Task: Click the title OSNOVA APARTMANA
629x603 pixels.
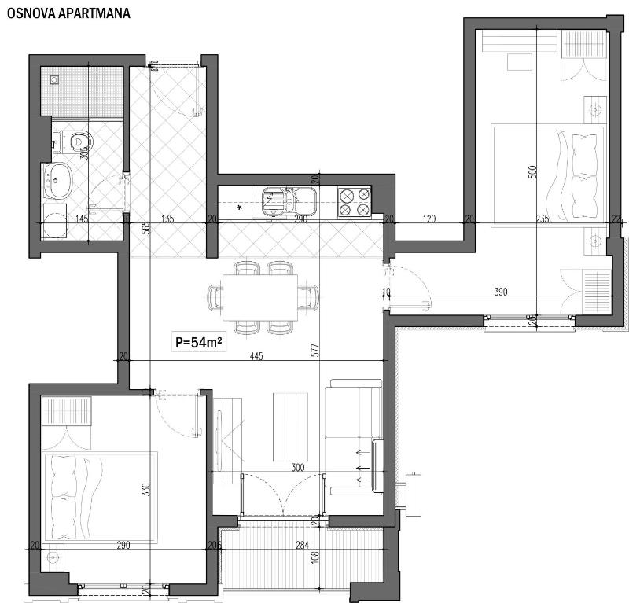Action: [x=68, y=13]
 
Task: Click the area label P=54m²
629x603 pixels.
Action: [x=201, y=342]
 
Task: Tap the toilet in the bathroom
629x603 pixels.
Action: [x=76, y=142]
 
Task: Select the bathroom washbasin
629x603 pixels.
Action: [x=57, y=180]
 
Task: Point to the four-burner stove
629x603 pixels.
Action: [x=354, y=202]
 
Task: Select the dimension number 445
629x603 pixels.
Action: [x=256, y=356]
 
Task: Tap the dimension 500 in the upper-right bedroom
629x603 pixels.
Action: [x=532, y=172]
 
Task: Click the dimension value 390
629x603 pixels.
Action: [x=501, y=292]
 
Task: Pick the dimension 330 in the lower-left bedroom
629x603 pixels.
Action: [x=145, y=490]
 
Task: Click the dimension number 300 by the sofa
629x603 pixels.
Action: [x=298, y=467]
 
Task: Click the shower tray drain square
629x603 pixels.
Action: [x=54, y=79]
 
